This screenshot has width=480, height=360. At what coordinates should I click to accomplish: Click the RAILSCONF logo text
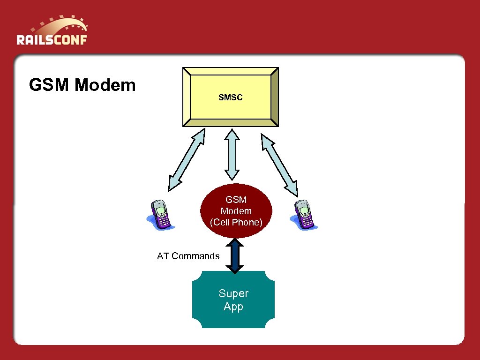pos(52,39)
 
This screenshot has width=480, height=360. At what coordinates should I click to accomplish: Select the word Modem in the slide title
pos(105,85)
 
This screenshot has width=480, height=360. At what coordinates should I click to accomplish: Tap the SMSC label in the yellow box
pos(230,97)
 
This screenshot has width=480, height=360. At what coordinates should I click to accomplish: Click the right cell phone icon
pos(305,215)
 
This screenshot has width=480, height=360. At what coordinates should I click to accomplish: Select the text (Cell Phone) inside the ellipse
pos(236,222)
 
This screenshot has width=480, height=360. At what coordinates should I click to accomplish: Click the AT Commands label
pos(188,256)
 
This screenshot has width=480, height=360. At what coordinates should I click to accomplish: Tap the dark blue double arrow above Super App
pos(235,256)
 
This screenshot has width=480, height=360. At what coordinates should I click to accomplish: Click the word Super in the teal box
pos(233,293)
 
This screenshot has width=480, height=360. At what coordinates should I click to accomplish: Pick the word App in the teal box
pos(233,307)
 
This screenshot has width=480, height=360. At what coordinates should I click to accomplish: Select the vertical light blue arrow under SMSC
pos(232,155)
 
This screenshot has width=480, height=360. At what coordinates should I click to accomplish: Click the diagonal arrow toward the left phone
pos(187,159)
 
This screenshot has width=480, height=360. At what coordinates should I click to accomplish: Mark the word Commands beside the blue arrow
pos(195,256)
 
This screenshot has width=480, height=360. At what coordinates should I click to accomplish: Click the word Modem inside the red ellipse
pos(236,211)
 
